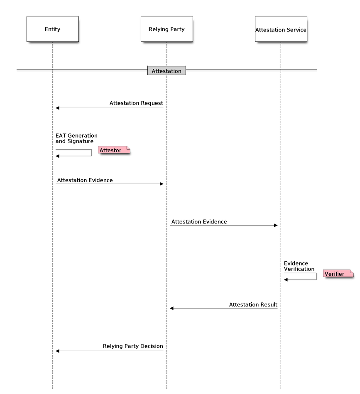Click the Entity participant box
[52, 29]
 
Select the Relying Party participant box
[167, 29]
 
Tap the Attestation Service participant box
[281, 29]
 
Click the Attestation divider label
[167, 71]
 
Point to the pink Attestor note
[114, 150]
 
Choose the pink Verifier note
[338, 274]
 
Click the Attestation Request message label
[136, 103]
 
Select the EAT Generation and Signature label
[76, 139]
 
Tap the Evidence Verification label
[299, 266]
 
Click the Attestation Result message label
[253, 305]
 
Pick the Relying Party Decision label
[133, 346]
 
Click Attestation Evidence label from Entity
[85, 180]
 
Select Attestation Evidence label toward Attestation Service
[199, 222]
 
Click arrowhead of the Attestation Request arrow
[58, 108]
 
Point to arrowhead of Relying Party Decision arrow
[58, 351]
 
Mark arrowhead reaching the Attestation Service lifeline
[275, 225]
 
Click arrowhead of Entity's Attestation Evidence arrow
[161, 184]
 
